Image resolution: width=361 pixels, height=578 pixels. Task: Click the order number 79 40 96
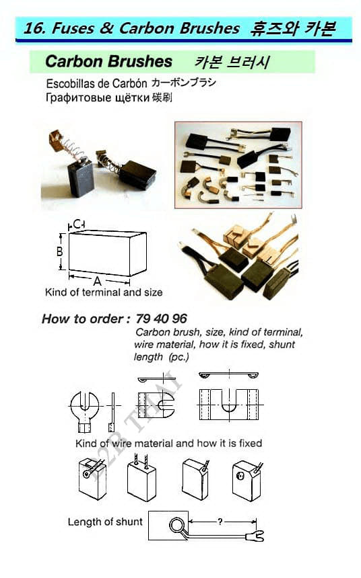(161, 319)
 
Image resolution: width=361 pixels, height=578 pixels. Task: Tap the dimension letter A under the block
(97, 281)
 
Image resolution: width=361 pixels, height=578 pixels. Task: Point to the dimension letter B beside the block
(59, 251)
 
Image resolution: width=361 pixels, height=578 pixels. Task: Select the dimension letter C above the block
(77, 224)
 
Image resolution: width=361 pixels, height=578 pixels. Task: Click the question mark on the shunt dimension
(220, 522)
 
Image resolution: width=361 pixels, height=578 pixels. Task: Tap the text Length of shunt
(105, 522)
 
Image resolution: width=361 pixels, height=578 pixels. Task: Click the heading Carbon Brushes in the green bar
(108, 62)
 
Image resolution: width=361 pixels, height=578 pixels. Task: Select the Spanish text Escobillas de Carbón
(96, 84)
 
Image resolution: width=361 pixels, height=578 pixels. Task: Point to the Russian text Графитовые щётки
(98, 97)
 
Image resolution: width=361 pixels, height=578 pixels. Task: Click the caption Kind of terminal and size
(104, 292)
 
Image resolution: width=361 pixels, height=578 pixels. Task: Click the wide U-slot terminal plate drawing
(229, 404)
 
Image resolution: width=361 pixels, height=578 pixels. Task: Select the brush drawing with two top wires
(142, 478)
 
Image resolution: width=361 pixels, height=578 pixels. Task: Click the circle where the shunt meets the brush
(176, 526)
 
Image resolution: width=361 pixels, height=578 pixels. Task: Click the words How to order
(83, 319)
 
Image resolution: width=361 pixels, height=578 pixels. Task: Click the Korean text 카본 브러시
(232, 62)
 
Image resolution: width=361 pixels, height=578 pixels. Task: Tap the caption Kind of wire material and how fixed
(169, 443)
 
